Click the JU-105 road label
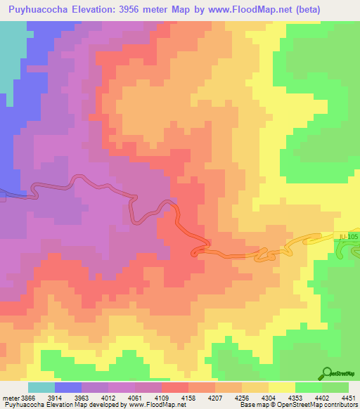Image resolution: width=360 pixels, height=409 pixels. click(348, 237)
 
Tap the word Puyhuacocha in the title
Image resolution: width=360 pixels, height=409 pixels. click(37, 11)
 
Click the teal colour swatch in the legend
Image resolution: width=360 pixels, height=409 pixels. click(41, 387)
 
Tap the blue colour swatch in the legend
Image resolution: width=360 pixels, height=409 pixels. click(68, 387)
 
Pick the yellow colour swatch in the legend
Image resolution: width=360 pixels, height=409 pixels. click(282, 387)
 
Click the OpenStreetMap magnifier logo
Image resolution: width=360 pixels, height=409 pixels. click(326, 372)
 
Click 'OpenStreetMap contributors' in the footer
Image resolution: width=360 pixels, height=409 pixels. click(321, 405)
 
